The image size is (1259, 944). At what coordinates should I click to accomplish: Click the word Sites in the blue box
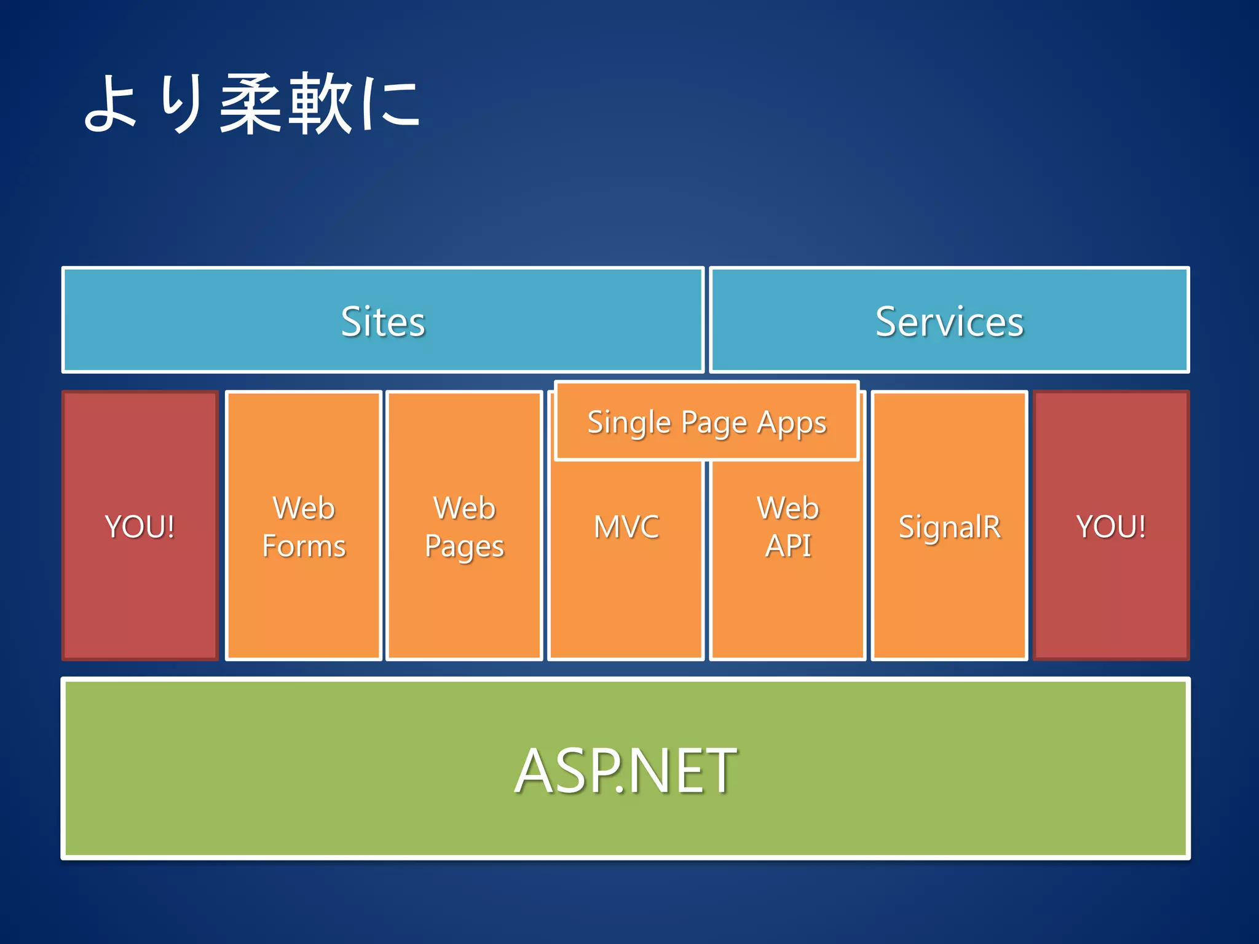[382, 321]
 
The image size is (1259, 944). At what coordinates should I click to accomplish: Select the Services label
[949, 321]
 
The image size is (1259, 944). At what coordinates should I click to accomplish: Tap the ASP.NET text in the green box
[625, 771]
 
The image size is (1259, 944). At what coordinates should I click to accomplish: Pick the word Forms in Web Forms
[304, 546]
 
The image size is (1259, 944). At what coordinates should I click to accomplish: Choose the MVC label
[626, 527]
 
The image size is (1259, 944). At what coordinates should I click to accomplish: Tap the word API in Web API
[788, 546]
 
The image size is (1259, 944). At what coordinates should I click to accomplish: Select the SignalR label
[949, 527]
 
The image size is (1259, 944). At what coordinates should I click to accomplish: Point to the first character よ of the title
[111, 104]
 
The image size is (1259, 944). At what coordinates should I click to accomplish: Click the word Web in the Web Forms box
[304, 508]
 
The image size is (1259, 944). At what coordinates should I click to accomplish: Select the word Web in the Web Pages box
[464, 508]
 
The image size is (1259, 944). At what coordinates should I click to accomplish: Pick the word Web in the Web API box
[788, 508]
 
